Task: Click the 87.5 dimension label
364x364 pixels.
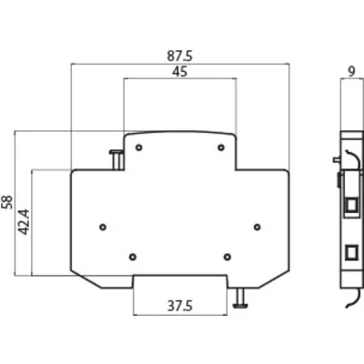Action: click(179, 56)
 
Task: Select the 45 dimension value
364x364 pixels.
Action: click(179, 72)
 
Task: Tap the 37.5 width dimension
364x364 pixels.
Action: click(180, 306)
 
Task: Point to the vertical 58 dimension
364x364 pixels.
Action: click(7, 202)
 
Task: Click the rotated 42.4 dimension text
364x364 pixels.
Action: click(25, 222)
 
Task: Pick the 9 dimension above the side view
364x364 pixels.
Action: click(351, 72)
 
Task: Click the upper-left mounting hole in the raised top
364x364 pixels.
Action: click(139, 147)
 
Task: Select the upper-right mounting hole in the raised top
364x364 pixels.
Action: click(221, 147)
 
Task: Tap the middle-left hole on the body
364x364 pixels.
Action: click(103, 227)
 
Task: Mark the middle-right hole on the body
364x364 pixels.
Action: click(258, 227)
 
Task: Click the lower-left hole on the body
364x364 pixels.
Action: click(133, 257)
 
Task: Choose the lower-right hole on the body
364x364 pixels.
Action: click(227, 257)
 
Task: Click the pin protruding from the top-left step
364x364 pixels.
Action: click(116, 159)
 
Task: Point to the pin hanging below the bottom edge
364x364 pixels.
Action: click(240, 298)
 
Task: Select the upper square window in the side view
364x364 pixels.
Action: click(352, 205)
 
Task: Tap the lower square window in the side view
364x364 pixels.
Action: click(352, 252)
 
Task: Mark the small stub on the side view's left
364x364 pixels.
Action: click(337, 159)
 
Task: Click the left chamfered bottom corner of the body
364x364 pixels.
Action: click(87, 280)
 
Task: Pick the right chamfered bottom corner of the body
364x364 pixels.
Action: click(273, 280)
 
